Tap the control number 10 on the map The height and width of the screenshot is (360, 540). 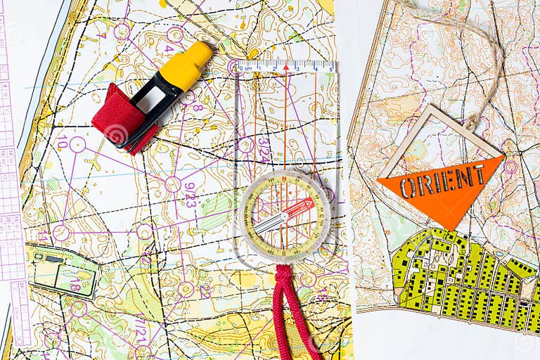pyautogui.click(x=63, y=142)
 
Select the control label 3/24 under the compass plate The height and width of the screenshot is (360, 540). pyautogui.click(x=263, y=150)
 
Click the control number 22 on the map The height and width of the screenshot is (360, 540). pyautogui.click(x=205, y=290)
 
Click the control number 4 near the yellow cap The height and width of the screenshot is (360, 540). pyautogui.click(x=169, y=49)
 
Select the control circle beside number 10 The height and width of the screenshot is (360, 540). pyautogui.click(x=77, y=144)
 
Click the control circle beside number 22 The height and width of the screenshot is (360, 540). pyautogui.click(x=186, y=289)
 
